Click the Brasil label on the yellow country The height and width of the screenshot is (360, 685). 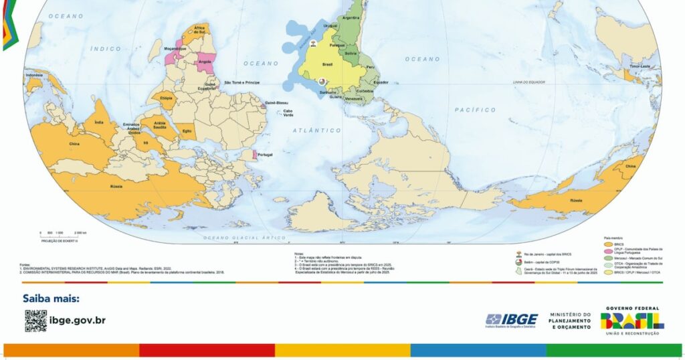pos(328,65)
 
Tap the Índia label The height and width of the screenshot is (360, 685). pos(99,122)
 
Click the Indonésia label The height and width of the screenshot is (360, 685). pos(34,75)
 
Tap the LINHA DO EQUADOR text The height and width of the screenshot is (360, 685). pos(526,82)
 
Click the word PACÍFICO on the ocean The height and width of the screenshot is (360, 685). pos(475,109)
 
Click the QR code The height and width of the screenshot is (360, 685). pos(35,321)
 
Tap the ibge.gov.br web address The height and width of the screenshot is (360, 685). pos(78,321)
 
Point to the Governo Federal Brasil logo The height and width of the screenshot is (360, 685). pos(632,320)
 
